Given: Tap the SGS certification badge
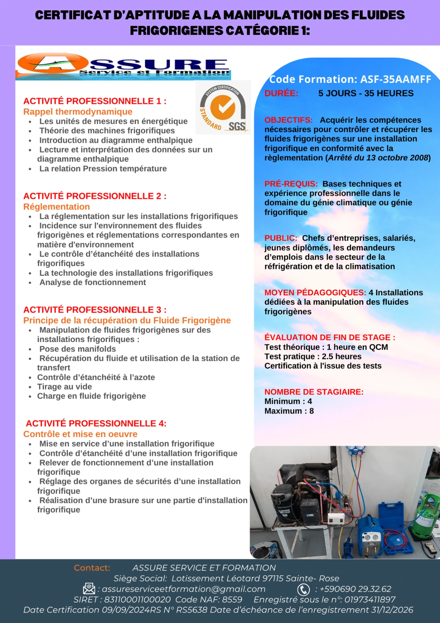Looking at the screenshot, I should coord(223,108).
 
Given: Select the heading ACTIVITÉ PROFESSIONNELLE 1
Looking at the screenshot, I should coord(95,101).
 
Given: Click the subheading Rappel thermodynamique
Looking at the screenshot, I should coord(78,112).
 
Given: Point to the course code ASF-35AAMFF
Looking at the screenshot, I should coord(396,79).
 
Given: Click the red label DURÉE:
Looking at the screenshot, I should coord(281,93).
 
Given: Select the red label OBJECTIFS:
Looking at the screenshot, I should coord(288,120).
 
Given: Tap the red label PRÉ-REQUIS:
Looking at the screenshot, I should coord(291,184).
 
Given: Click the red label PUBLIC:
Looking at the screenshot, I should coord(281,238).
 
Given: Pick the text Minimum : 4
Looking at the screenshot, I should coord(288,401).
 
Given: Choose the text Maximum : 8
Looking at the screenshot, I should coord(289,411).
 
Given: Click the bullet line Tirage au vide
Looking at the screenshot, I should coord(65,386).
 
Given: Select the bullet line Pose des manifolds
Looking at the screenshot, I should coord(78,349).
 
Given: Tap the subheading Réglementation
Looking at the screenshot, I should coord(57,207).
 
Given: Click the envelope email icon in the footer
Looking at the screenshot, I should coord(89,589).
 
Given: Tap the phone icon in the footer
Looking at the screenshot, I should coord(303,589).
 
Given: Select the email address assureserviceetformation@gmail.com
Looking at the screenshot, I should coord(184,589).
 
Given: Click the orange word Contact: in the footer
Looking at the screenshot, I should coord(92,568).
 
